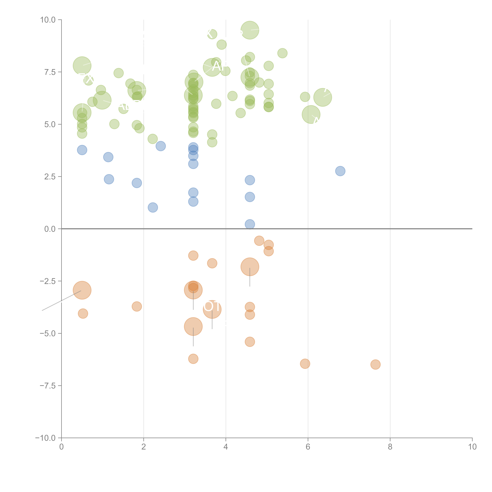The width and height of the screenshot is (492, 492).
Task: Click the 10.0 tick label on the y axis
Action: [48, 20]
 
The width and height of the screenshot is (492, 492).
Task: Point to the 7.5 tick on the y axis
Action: [50, 72]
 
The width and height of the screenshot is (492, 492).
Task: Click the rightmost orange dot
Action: [375, 364]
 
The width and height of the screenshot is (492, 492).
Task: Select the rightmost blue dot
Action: [340, 171]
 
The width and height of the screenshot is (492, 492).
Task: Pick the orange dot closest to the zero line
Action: [259, 241]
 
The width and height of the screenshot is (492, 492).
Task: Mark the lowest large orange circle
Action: [193, 326]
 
